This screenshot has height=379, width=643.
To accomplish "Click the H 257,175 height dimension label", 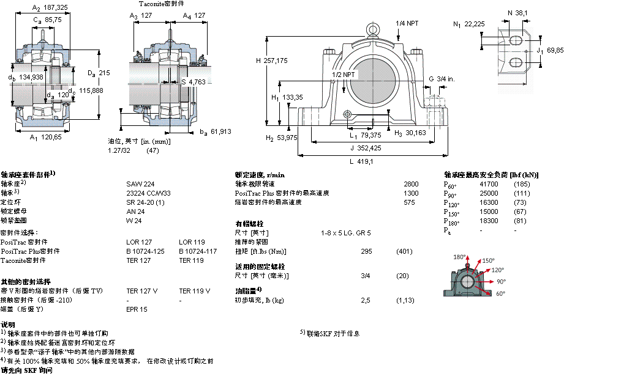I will [271, 61].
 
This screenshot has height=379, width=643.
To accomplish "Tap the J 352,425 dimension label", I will [365, 147].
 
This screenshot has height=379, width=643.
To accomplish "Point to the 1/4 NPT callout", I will [407, 23].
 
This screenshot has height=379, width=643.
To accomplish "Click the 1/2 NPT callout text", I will [343, 74].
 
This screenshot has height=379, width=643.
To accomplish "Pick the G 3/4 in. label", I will [441, 79].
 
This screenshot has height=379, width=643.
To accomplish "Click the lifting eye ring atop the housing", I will [373, 29].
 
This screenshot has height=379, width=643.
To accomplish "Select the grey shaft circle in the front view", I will [373, 81].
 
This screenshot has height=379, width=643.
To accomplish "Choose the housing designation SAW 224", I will [140, 183].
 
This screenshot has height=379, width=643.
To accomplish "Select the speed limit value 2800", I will [411, 183].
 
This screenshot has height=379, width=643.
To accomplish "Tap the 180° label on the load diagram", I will [459, 257].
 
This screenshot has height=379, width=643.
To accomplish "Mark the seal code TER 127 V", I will [141, 291].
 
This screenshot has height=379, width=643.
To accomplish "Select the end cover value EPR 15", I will [137, 309].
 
